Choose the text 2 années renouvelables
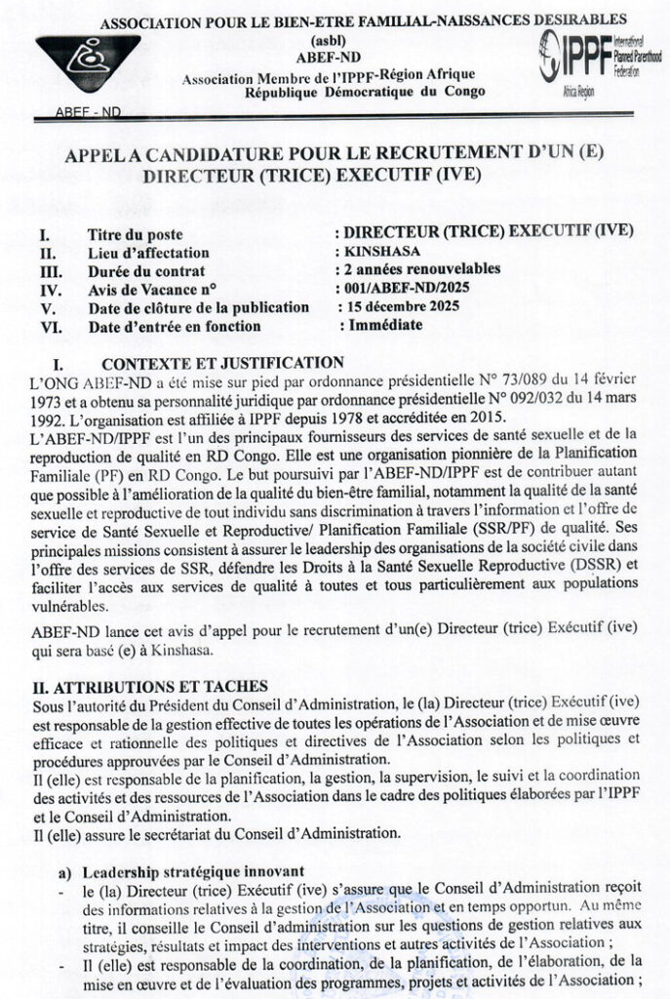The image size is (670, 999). click(417, 270)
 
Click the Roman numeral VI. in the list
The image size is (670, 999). click(47, 327)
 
